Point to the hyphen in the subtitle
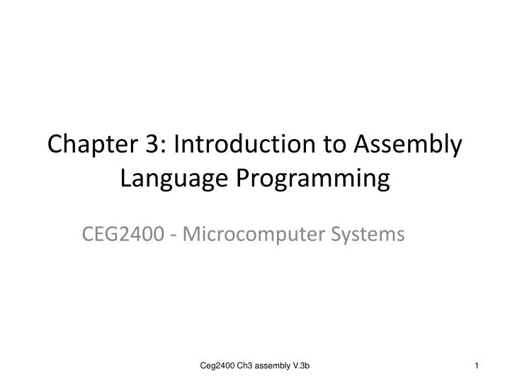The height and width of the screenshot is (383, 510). coord(174,233)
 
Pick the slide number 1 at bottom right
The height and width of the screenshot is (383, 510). coord(477,365)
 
